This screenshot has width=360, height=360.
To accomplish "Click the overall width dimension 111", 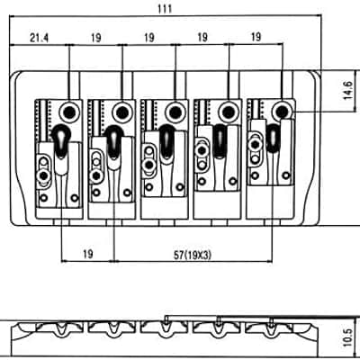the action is coord(165,9).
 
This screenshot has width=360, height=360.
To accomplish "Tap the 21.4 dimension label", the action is coord(39,38).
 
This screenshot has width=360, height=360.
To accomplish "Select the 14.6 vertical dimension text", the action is coord(347,90).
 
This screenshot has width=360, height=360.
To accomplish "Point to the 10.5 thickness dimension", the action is coord(347,337).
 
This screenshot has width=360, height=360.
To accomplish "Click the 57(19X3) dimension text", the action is coord(193,256).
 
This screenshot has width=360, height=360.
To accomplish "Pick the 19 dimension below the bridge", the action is coord(87,254).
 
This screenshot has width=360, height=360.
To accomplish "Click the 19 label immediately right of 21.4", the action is coord(95,38).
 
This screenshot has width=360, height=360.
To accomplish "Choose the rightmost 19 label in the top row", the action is coord(256,37).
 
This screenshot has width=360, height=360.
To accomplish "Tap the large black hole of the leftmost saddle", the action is coord(69,112).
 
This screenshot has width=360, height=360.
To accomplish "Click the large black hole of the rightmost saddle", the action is coord(282,112).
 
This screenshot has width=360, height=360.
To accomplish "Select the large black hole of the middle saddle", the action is coord(175,112).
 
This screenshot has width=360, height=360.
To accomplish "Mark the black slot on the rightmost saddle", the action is coord(274,138).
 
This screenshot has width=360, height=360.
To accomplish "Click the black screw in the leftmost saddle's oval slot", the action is coord(44,175).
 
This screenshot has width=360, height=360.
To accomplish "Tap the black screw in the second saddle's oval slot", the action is coord(96,175).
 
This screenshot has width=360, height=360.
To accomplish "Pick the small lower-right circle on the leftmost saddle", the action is coord(74,198).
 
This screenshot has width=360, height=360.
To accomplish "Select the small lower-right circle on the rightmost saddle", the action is coord(286,175).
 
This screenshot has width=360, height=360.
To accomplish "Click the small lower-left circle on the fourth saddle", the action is coord(202,181).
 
